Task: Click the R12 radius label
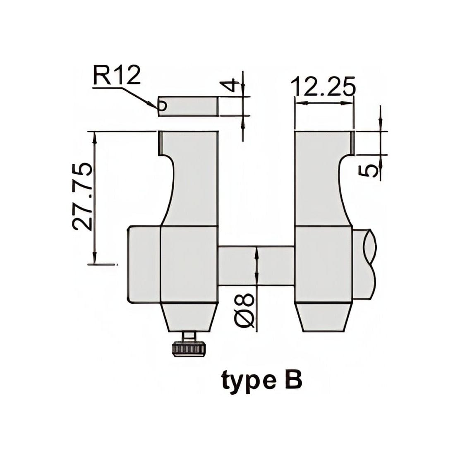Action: tap(117, 75)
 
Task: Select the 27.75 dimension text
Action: tap(82, 196)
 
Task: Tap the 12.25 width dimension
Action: tap(323, 87)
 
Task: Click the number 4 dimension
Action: tap(233, 86)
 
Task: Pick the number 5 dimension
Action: tap(369, 169)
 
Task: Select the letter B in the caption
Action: tap(293, 380)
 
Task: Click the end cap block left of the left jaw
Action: tap(143, 263)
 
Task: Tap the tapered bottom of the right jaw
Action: tap(323, 316)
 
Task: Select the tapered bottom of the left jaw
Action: tap(189, 316)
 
